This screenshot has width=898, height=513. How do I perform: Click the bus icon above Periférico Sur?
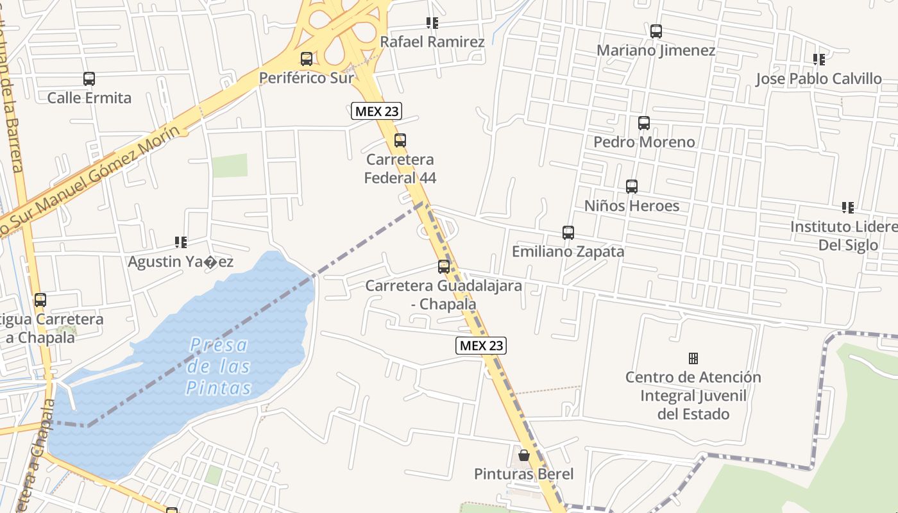(307, 59)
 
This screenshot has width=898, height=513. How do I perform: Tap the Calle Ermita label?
(89, 98)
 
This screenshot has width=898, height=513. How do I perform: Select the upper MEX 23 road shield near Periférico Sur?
(377, 111)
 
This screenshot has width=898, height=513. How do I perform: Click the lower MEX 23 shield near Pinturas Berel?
(481, 346)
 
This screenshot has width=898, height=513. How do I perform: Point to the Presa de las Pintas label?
(219, 366)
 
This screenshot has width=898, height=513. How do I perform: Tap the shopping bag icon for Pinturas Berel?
(524, 455)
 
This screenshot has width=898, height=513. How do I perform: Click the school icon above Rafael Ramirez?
(432, 23)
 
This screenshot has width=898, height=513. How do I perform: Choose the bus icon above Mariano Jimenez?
(656, 31)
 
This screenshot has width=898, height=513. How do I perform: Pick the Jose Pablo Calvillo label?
(818, 79)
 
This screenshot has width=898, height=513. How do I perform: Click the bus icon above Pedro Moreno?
(644, 123)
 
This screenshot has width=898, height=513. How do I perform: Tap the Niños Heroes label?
(632, 206)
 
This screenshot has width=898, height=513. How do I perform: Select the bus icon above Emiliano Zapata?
(568, 232)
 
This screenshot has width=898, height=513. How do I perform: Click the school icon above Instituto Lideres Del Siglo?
(848, 208)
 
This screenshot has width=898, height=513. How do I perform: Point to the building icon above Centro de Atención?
(693, 358)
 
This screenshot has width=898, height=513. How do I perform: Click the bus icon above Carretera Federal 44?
(400, 140)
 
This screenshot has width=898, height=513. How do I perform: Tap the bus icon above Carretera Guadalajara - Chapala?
(444, 266)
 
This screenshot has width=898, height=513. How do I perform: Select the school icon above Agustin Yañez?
(181, 242)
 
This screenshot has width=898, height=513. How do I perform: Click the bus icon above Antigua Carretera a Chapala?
(40, 299)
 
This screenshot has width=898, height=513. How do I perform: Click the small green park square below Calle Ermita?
(230, 165)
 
